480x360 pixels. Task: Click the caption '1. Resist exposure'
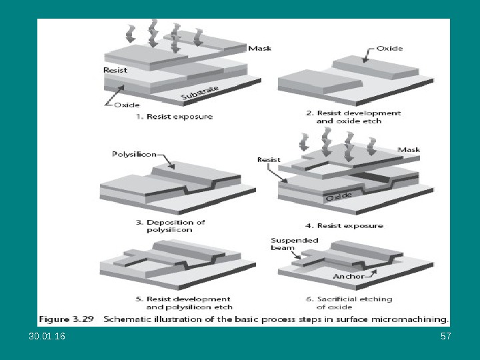(175, 117)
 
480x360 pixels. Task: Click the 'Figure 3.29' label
(64, 319)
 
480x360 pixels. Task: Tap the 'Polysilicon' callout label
(134, 154)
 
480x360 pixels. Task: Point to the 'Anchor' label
(348, 276)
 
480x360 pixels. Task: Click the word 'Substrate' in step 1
(199, 93)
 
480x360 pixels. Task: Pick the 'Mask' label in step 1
(259, 48)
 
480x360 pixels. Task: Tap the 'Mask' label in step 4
(409, 150)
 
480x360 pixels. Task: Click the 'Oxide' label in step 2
(389, 48)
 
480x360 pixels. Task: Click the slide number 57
(446, 337)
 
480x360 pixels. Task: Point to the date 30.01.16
(47, 337)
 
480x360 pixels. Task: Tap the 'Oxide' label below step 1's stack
(127, 105)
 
